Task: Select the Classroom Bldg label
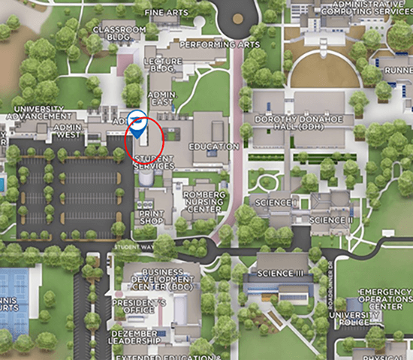pos(119,34)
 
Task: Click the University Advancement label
pos(38,113)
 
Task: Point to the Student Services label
pos(154,162)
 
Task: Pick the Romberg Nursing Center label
pos(203,200)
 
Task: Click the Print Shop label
pos(151,217)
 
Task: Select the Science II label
pos(331,220)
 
